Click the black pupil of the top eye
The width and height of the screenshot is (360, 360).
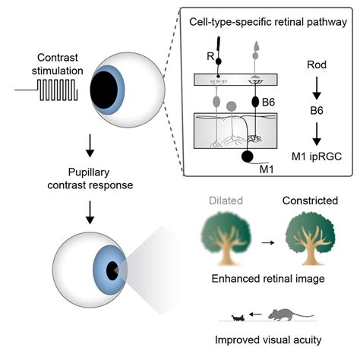104,90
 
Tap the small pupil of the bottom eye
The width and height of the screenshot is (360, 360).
112,270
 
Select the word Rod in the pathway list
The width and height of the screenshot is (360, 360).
317,65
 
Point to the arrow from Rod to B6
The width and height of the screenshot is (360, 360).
317,88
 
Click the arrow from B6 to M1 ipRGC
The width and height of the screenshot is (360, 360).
317,134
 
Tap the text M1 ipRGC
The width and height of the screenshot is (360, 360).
317,156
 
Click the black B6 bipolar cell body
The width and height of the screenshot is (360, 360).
255,102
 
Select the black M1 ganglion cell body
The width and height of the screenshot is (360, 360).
248,156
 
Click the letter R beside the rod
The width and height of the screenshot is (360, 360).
210,56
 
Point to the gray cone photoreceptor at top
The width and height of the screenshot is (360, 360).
256,51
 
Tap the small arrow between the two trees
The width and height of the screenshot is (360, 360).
268,242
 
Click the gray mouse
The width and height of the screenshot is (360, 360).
291,314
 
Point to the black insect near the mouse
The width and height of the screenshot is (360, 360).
238,317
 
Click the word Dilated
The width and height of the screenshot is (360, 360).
226,201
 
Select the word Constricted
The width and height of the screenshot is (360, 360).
310,201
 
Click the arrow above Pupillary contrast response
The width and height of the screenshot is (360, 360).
90,146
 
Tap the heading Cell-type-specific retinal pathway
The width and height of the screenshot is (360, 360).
268,22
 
